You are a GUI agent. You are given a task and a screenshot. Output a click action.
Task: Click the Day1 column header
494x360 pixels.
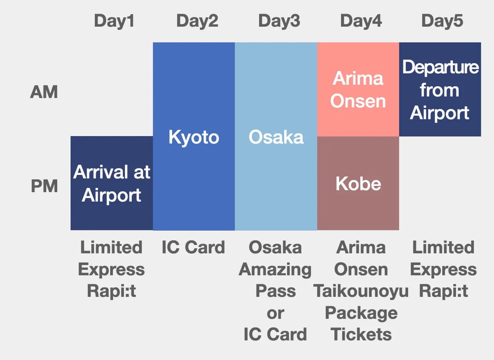coord(114,21)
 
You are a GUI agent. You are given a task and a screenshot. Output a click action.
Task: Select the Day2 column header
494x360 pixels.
coord(197,21)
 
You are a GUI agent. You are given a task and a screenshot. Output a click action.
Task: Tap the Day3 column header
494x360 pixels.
coord(279,21)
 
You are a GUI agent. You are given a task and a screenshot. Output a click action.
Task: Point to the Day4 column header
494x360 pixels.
coord(361,21)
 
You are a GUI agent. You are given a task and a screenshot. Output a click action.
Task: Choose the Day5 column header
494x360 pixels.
coord(442,21)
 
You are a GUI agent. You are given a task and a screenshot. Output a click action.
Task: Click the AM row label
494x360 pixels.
coord(44,92)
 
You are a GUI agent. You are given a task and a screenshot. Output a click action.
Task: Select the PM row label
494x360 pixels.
coord(44,186)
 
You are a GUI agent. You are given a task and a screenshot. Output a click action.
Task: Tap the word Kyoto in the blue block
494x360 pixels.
coord(194,137)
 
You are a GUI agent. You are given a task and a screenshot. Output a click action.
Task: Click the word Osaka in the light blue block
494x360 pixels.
coord(276,137)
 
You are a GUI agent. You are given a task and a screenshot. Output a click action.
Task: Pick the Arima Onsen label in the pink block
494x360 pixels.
coord(358,90)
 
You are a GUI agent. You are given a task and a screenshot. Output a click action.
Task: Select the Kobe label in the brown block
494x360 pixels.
coord(358,184)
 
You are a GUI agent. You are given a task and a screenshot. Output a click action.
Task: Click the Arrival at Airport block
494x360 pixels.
coord(112,183)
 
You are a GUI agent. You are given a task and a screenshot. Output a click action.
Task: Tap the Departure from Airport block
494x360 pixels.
coord(440,90)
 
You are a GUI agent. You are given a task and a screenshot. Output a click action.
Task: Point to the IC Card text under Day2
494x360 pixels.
coord(193,247)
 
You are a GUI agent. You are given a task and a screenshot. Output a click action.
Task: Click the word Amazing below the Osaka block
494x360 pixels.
coord(275,269)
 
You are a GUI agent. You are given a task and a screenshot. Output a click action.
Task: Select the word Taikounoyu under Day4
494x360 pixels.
coord(361,291)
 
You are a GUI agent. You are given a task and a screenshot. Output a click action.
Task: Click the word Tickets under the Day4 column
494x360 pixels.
coord(361,335)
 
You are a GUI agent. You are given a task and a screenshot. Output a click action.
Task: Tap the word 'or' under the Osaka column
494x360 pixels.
coord(275,313)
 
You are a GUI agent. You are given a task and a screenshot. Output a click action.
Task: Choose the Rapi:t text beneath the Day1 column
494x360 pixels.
coord(111,291)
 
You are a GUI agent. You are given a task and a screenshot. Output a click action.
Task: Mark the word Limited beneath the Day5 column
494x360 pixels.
coord(443,247)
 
